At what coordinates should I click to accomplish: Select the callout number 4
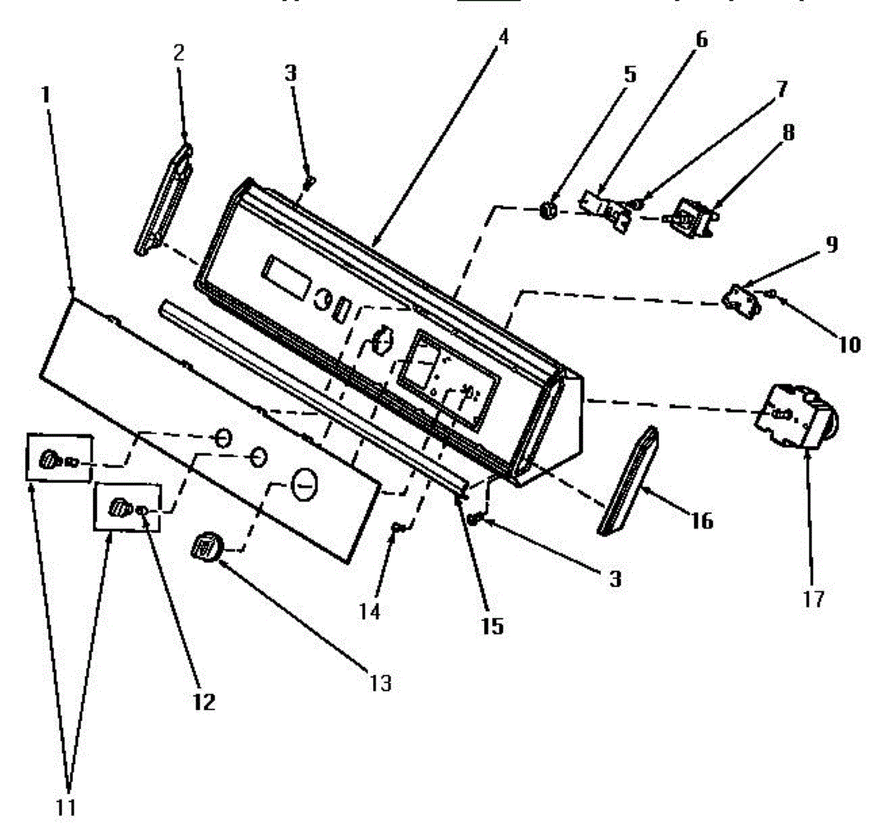tap(502, 36)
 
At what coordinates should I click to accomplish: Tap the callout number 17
tap(813, 598)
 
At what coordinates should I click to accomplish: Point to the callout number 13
tap(380, 683)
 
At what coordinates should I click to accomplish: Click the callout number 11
tap(67, 807)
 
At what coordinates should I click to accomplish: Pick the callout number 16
tap(702, 521)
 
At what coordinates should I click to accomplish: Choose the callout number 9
tap(832, 245)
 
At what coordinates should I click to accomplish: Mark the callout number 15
tap(492, 626)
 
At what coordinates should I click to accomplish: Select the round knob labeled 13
tap(205, 549)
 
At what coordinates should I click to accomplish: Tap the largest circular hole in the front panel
tap(303, 484)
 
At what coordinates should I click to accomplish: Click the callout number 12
tap(203, 701)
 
